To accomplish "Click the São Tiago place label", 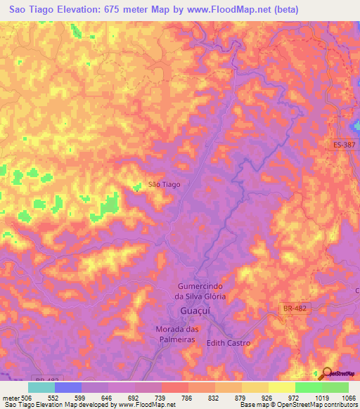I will (165, 184).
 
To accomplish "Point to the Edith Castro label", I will (228, 343).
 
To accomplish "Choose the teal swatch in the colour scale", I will (41, 387).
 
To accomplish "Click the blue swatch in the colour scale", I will (68, 387).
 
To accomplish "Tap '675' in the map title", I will (129, 10).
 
